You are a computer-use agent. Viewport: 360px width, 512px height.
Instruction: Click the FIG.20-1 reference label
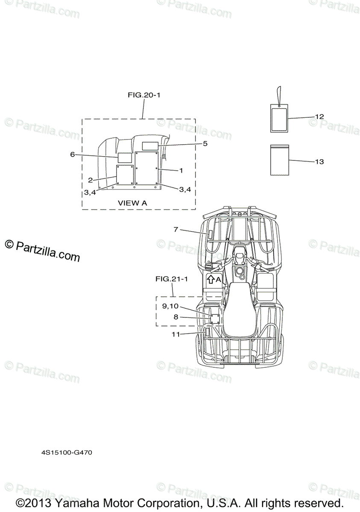point(143,95)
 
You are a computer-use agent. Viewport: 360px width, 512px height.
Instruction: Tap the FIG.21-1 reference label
point(172,279)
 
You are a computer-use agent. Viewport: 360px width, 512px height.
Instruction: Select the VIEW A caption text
point(132,203)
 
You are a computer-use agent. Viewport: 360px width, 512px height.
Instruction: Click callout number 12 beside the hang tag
point(319,116)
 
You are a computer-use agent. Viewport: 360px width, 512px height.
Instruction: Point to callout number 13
point(319,162)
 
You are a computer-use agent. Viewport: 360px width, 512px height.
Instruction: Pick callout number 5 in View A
point(205,143)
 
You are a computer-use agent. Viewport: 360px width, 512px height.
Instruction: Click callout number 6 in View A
point(72,154)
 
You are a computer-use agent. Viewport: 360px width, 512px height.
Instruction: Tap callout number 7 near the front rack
point(176,229)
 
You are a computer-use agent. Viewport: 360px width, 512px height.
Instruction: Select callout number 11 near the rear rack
point(176,335)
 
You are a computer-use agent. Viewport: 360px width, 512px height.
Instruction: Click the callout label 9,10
point(170,306)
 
